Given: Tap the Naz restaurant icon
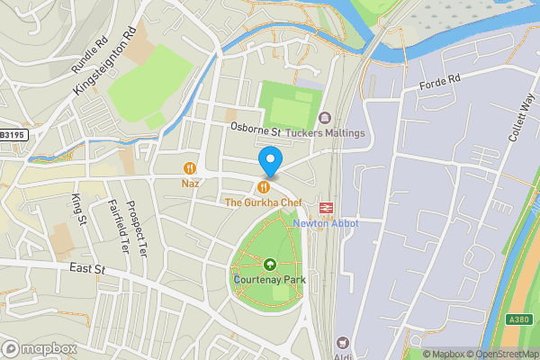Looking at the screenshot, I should pos(190,167).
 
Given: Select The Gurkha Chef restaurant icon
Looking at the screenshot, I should pos(263,186).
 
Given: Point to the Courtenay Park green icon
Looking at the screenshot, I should pos(270,264).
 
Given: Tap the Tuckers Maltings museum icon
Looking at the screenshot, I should pos(325,118).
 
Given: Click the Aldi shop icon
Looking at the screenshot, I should pos(343,343).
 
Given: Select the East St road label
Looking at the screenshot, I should pos(88,268).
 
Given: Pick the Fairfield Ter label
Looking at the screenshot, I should pos(114,227).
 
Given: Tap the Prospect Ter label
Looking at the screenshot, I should pos(134,225).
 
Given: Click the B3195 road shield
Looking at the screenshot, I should pos(13,134).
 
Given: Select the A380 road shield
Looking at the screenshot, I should pos(519,319).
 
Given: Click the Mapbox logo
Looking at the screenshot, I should pos(38,347).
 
